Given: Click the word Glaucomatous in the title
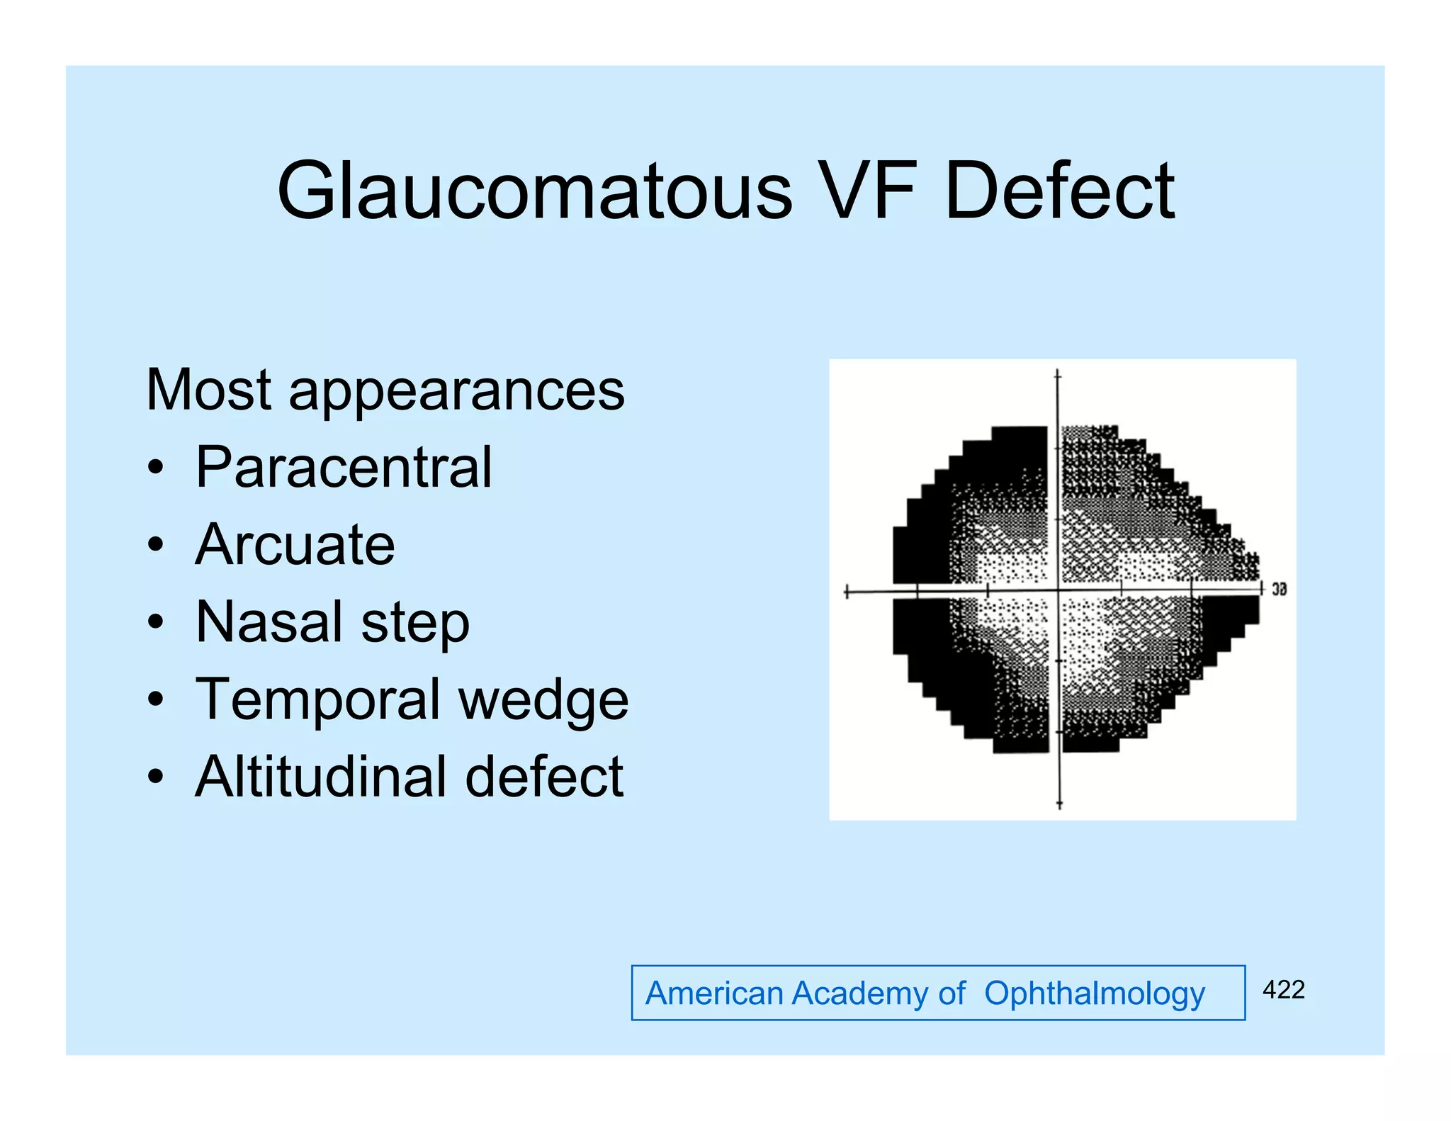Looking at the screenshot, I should (x=534, y=191).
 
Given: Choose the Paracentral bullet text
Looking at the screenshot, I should (x=344, y=468).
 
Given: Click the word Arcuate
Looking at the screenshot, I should (x=295, y=545).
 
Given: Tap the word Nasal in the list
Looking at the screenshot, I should (x=269, y=622).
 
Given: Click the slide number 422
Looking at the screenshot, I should (x=1283, y=990).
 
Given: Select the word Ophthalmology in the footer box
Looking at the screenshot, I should (x=1094, y=994).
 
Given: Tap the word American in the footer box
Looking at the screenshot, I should (x=714, y=993).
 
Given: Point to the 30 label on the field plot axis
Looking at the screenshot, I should (x=1279, y=590).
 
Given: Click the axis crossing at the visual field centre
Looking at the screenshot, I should (x=1058, y=590).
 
